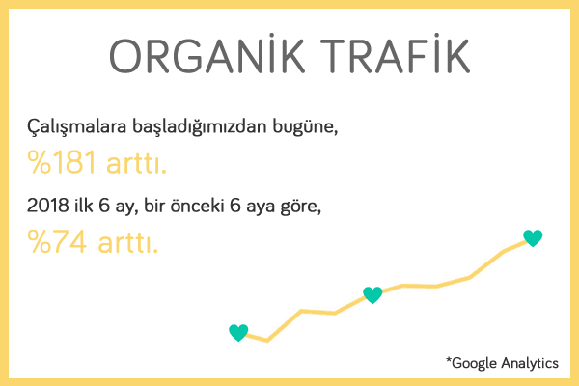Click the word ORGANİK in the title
pyautogui.click(x=207, y=55)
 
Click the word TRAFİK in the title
pyautogui.click(x=395, y=55)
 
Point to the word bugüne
pyautogui.click(x=305, y=127)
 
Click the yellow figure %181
pyautogui.click(x=62, y=162)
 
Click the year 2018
pyautogui.click(x=48, y=205)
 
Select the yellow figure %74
pyautogui.click(x=57, y=241)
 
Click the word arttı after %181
pyautogui.click(x=136, y=163)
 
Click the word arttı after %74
pyautogui.click(x=127, y=242)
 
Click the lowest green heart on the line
pyautogui.click(x=238, y=332)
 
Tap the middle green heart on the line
pyautogui.click(x=372, y=294)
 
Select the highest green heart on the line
pyautogui.click(x=533, y=238)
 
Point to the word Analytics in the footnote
pyautogui.click(x=530, y=363)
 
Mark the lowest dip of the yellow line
pyautogui.click(x=267, y=341)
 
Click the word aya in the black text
pyautogui.click(x=261, y=207)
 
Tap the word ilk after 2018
pyautogui.click(x=84, y=205)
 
